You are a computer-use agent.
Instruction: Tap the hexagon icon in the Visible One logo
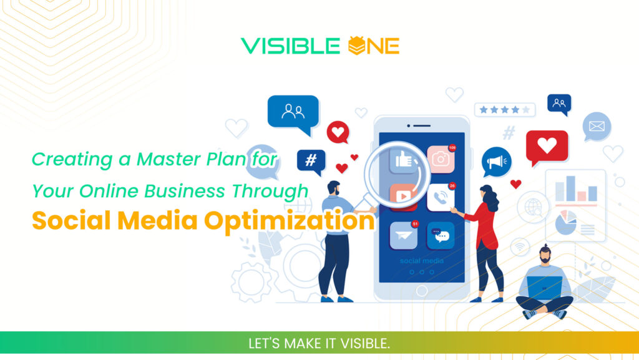[x=354, y=46]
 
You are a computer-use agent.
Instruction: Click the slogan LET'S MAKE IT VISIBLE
[x=319, y=344]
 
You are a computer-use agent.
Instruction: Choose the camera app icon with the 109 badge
[x=441, y=160]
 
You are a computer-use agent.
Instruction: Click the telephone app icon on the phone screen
[x=441, y=198]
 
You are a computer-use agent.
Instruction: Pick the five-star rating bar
[x=505, y=110]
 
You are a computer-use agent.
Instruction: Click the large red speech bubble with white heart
[x=547, y=147]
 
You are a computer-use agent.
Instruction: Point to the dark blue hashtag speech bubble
[x=311, y=160]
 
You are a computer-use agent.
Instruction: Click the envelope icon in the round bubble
[x=597, y=127]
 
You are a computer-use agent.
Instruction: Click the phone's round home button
[x=422, y=290]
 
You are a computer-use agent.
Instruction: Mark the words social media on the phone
[x=422, y=261]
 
